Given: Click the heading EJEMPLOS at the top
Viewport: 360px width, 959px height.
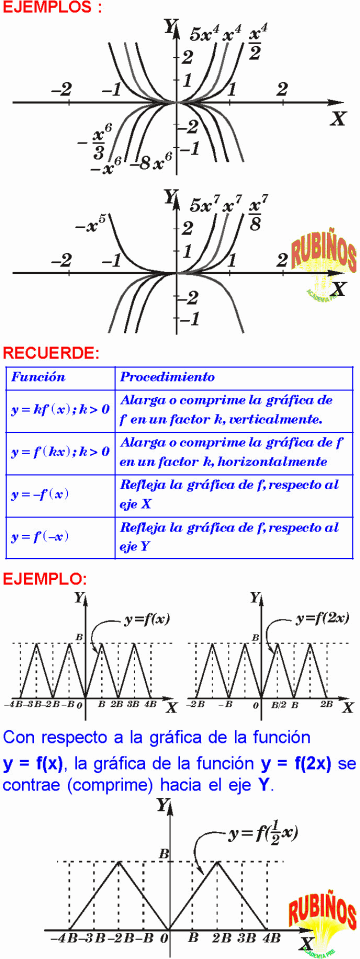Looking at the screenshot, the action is coord(52,8).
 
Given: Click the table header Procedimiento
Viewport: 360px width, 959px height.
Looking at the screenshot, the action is coord(166,379).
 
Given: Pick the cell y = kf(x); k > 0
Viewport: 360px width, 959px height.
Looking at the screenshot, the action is coord(60,410).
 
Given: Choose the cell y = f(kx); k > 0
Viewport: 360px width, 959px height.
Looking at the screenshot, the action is coord(60,452).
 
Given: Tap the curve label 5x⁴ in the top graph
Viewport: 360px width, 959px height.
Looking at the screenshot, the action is coord(205,36).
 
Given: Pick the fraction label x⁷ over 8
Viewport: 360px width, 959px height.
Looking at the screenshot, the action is coord(257,211).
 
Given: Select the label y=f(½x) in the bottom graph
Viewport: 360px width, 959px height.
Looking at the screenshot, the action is coord(263,832).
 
